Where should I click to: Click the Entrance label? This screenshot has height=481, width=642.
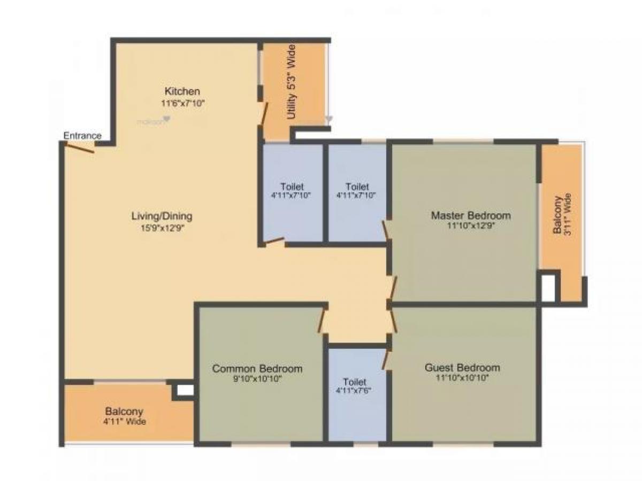coord(82,136)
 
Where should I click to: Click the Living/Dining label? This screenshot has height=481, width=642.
coord(162,216)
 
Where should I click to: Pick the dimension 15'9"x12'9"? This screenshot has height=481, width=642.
coord(162,228)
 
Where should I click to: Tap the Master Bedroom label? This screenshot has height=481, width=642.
coord(471,216)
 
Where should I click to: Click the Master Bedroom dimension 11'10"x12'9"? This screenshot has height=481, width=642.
coord(471,226)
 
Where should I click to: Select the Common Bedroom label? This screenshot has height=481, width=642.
coord(257,369)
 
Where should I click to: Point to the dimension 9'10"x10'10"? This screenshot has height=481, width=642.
coord(257,379)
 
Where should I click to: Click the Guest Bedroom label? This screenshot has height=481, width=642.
coord(462,368)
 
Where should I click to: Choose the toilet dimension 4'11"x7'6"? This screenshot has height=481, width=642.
coord(355,391)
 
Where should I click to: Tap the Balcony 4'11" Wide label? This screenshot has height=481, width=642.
coord(124,416)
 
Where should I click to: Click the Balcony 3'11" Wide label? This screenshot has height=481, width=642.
coord(563,214)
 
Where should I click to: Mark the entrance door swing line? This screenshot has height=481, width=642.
coord(79,148)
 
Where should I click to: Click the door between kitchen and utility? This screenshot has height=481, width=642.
coord(263,113)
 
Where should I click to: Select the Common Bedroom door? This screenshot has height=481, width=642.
coord(322,322)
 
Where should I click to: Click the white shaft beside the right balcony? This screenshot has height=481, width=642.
coord(548,289)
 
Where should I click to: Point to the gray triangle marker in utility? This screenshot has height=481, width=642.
coord(328,119)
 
